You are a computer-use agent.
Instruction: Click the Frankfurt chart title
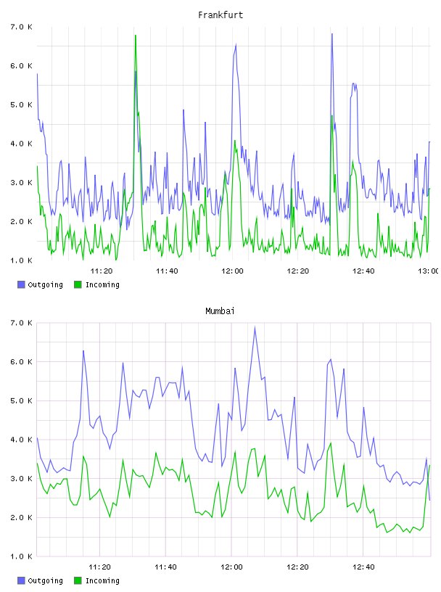click(220, 15)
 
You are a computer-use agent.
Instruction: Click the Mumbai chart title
click(220, 311)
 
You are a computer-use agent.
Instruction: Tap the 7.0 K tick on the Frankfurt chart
click(21, 27)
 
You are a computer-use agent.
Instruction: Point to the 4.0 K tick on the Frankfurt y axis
click(21, 144)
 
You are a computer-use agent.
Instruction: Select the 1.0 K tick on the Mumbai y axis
click(21, 556)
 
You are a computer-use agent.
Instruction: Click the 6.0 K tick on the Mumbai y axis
click(21, 362)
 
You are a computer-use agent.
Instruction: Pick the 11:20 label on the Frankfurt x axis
click(102, 271)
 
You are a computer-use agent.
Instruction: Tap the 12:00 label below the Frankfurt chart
click(232, 271)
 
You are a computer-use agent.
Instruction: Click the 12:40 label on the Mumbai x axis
click(363, 567)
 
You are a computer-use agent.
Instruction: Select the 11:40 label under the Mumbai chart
click(165, 567)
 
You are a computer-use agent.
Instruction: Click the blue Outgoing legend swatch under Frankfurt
click(21, 284)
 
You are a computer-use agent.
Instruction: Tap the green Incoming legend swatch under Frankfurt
click(78, 284)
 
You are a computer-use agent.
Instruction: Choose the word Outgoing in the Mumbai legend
click(45, 580)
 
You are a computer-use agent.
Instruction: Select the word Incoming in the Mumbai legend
click(102, 580)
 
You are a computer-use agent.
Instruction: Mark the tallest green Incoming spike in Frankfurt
click(136, 35)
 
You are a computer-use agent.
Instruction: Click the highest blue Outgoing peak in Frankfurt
click(332, 34)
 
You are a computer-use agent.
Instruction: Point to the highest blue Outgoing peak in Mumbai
click(255, 327)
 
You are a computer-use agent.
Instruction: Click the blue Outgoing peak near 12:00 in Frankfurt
click(236, 44)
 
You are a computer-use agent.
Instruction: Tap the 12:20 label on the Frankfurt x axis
click(298, 271)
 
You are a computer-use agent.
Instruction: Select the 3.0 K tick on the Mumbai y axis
click(21, 478)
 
